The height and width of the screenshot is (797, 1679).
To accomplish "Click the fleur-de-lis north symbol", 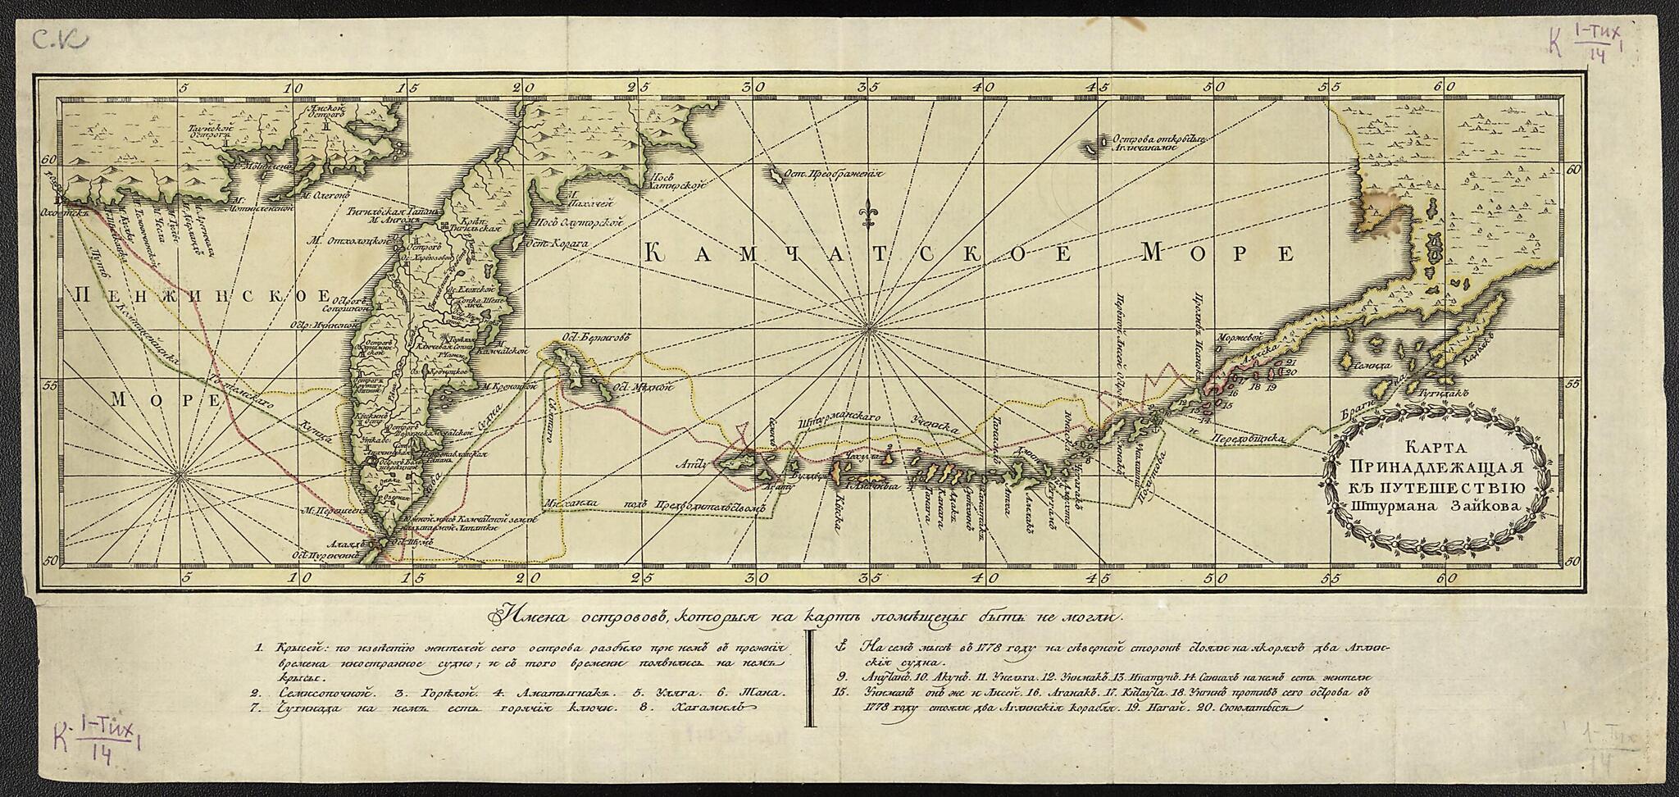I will [x=867, y=215].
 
